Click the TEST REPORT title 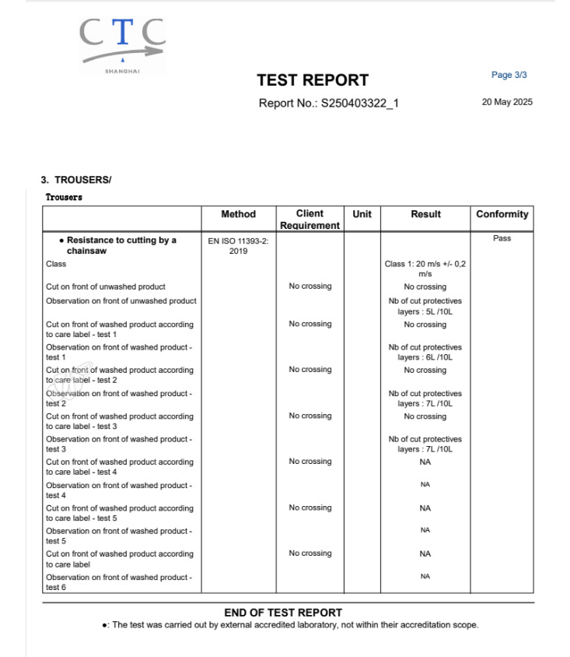pyautogui.click(x=313, y=80)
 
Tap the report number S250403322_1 pyautogui.click(x=329, y=104)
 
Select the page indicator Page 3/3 pyautogui.click(x=509, y=75)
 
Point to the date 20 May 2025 pyautogui.click(x=507, y=103)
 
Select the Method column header pyautogui.click(x=238, y=214)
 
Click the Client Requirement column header pyautogui.click(x=310, y=220)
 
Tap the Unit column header pyautogui.click(x=362, y=214)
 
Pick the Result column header pyautogui.click(x=425, y=214)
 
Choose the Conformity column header pyautogui.click(x=502, y=214)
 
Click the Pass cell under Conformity pyautogui.click(x=502, y=238)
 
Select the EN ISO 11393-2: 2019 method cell pyautogui.click(x=238, y=245)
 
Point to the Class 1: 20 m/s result pyautogui.click(x=425, y=269)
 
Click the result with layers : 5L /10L pyautogui.click(x=425, y=306)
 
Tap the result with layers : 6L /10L pyautogui.click(x=425, y=352)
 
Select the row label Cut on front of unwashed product pyautogui.click(x=106, y=286)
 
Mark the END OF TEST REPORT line pyautogui.click(x=283, y=613)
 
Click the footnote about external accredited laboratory pyautogui.click(x=289, y=625)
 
